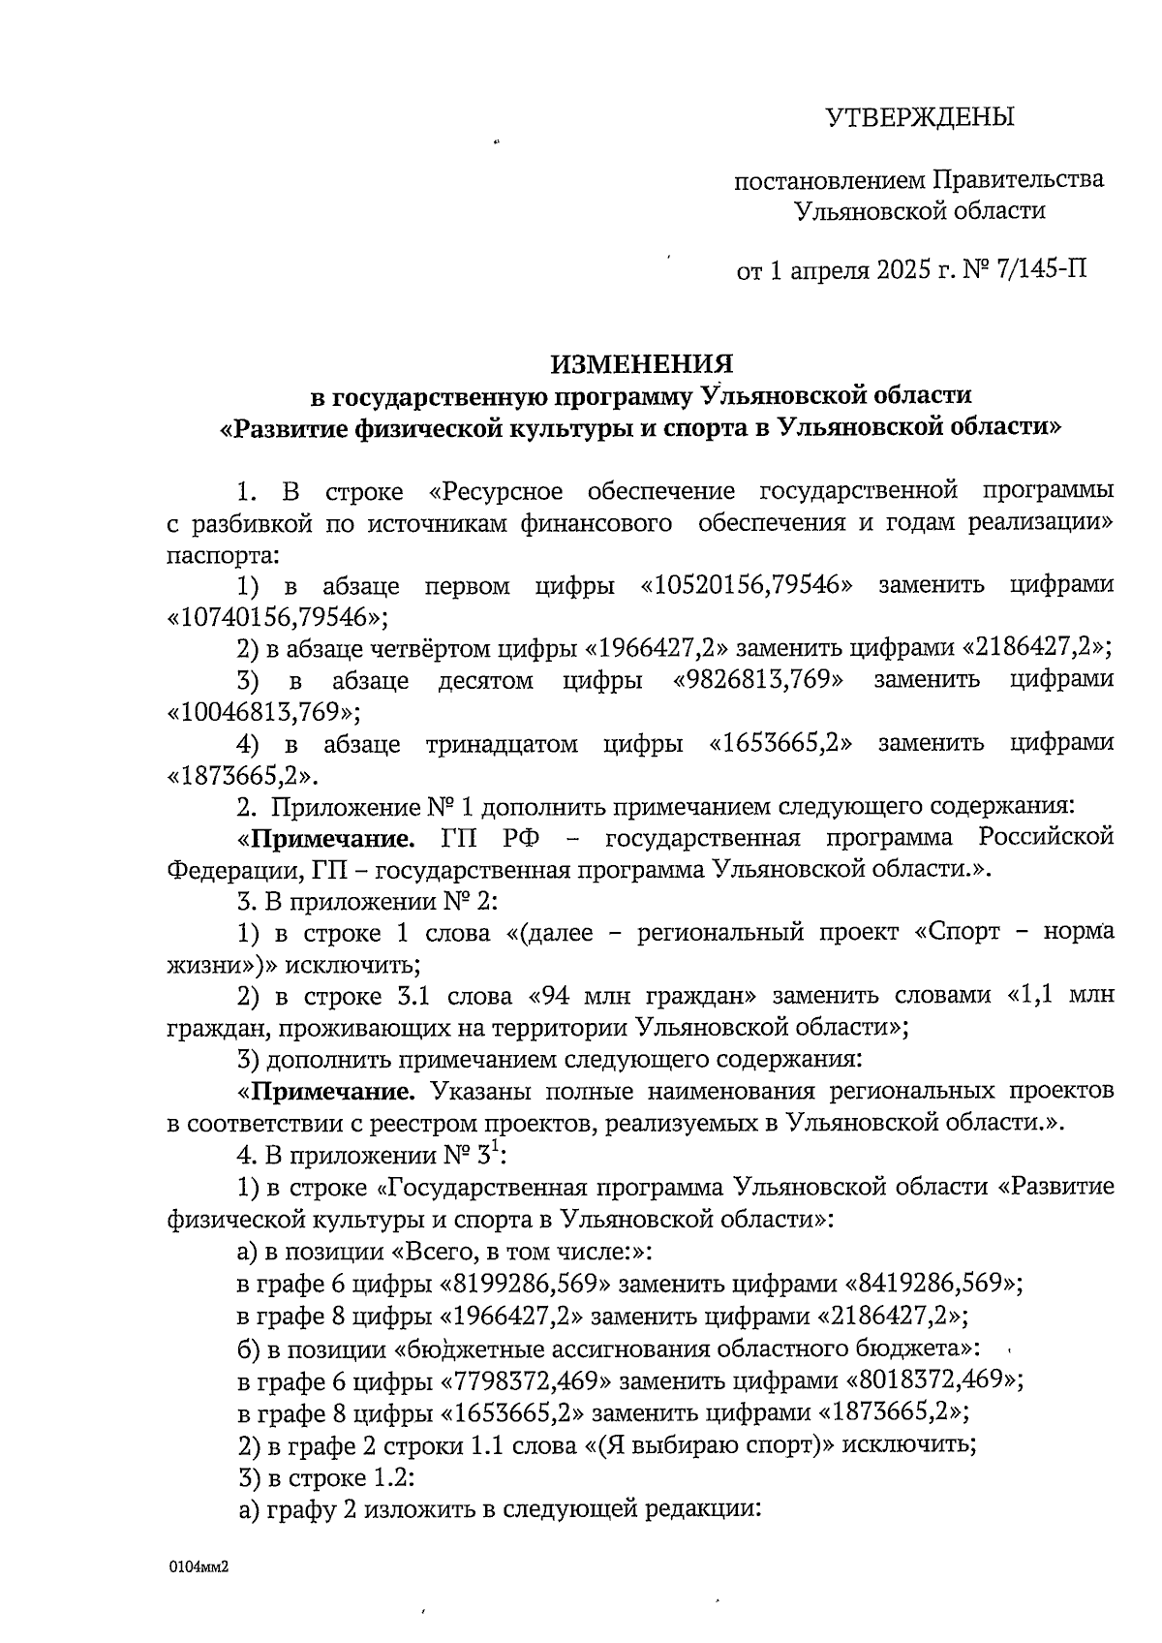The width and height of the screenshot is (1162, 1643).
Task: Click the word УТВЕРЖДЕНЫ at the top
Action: [919, 117]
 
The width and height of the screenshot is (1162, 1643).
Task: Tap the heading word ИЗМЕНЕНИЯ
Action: [642, 364]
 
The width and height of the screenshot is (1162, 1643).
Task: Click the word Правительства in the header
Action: [1018, 180]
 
